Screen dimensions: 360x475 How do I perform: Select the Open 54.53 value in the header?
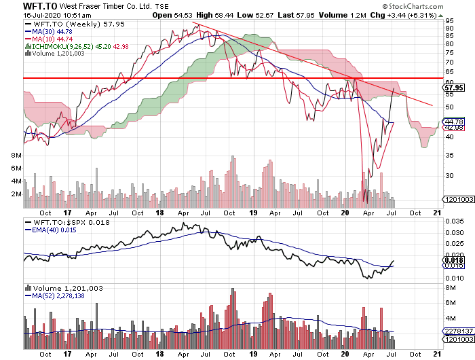[x=172, y=15]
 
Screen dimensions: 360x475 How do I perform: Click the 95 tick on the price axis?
[x=449, y=20]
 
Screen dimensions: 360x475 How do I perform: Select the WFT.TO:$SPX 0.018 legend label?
[x=61, y=223]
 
